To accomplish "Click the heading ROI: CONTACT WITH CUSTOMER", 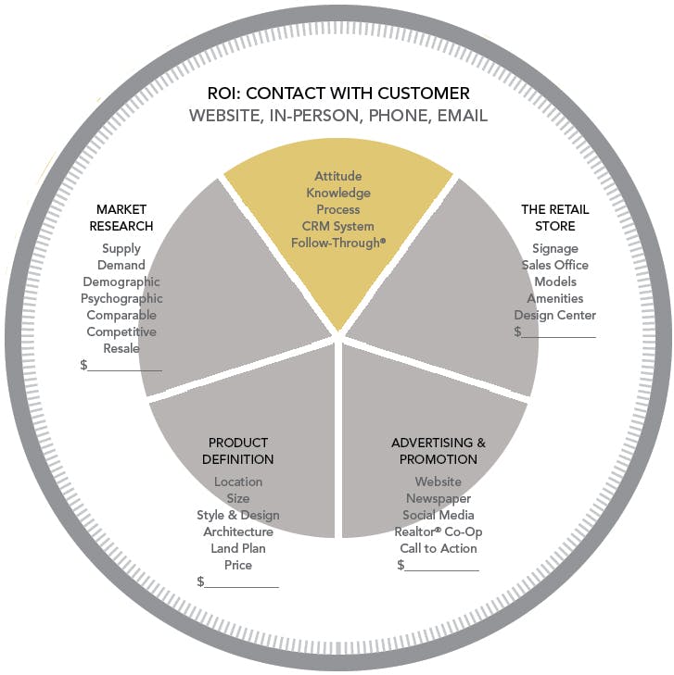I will point(337,93).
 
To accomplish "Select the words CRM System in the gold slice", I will point(337,226).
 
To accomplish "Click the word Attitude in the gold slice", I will point(337,176).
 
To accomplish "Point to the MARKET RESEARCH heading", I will point(121,218).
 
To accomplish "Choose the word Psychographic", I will point(121,298).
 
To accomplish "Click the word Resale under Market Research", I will point(121,348).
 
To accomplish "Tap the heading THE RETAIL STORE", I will point(554,218).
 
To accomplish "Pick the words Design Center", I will point(554,315).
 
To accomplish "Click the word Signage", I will point(554,248).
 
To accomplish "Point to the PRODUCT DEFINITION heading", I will point(238,451).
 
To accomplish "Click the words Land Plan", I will point(238,548).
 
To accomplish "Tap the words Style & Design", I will point(238,515).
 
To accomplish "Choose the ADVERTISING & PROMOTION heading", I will point(439,451).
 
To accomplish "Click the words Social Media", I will point(439,515).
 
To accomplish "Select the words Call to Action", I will point(439,548).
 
